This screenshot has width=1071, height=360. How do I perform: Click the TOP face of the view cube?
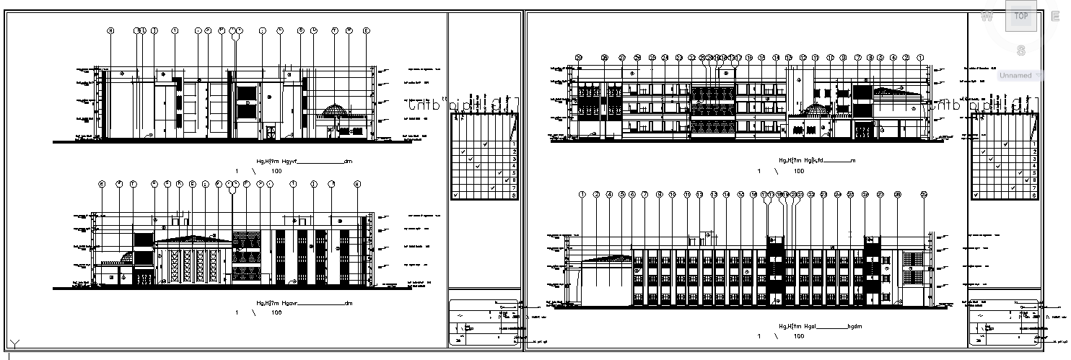[x=1020, y=16]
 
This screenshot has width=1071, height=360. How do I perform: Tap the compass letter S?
[x=1021, y=51]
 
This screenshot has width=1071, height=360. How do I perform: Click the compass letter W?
[x=987, y=17]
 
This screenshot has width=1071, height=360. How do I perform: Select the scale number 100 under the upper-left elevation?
[x=276, y=171]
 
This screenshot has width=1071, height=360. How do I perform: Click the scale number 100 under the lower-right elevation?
[x=799, y=337]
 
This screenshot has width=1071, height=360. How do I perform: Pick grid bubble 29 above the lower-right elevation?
[x=924, y=195]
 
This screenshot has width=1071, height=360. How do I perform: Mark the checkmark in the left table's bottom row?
[x=455, y=195]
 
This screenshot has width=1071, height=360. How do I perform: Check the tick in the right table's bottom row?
[x=975, y=195]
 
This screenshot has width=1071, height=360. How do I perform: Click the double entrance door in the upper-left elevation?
[x=271, y=132]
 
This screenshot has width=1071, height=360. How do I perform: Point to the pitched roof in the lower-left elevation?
[x=190, y=239]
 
